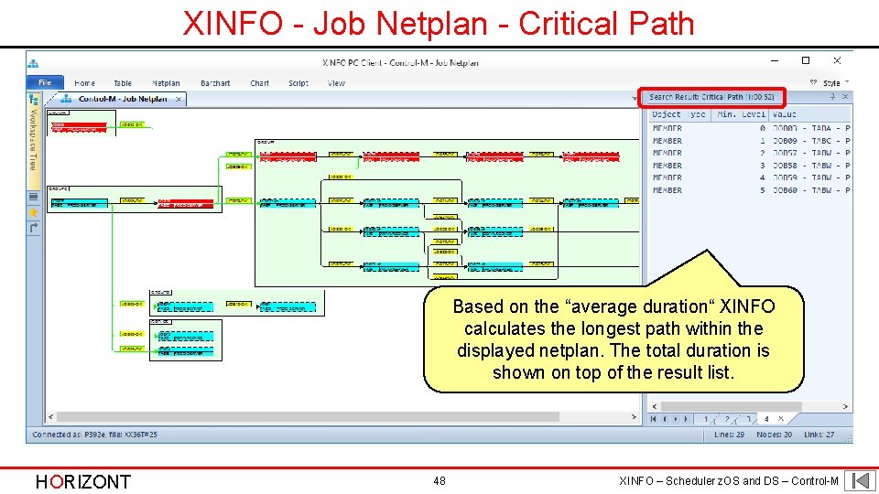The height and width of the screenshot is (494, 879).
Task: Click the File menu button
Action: [45, 83]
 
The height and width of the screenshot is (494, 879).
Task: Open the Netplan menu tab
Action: [166, 83]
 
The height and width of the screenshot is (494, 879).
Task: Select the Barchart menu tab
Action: [215, 83]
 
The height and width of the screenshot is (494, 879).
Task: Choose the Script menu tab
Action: [298, 83]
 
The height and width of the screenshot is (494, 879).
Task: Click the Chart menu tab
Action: [260, 83]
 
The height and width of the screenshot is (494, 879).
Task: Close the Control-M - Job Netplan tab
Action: [178, 99]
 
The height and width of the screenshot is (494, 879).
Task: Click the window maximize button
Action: [806, 61]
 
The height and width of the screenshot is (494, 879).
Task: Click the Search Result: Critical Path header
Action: [711, 97]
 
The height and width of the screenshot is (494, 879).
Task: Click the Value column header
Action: [785, 114]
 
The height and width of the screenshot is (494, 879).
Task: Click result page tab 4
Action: [766, 419]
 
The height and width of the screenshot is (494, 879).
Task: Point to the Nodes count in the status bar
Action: [774, 435]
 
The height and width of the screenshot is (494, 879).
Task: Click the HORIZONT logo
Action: [82, 481]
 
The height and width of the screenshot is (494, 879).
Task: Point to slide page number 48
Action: [439, 480]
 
